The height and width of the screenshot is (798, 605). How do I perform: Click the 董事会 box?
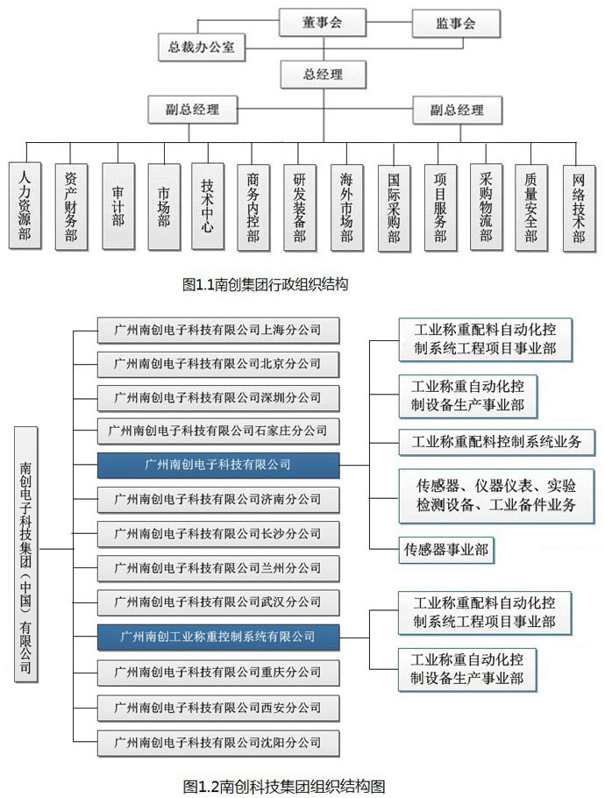click(322, 24)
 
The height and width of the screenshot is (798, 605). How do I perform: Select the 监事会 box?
click(456, 24)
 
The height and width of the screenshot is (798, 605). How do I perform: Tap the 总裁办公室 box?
click(202, 47)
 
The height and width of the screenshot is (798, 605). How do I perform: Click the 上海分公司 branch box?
click(217, 331)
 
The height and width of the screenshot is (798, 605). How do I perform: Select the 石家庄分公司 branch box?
click(217, 431)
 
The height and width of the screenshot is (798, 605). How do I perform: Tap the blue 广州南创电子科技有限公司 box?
click(217, 465)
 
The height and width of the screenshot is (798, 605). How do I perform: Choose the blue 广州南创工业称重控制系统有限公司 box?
click(217, 636)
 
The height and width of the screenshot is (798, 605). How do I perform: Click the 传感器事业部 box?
click(445, 551)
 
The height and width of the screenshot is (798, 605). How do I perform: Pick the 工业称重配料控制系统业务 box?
click(496, 442)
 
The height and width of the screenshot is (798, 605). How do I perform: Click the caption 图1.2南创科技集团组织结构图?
click(284, 784)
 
